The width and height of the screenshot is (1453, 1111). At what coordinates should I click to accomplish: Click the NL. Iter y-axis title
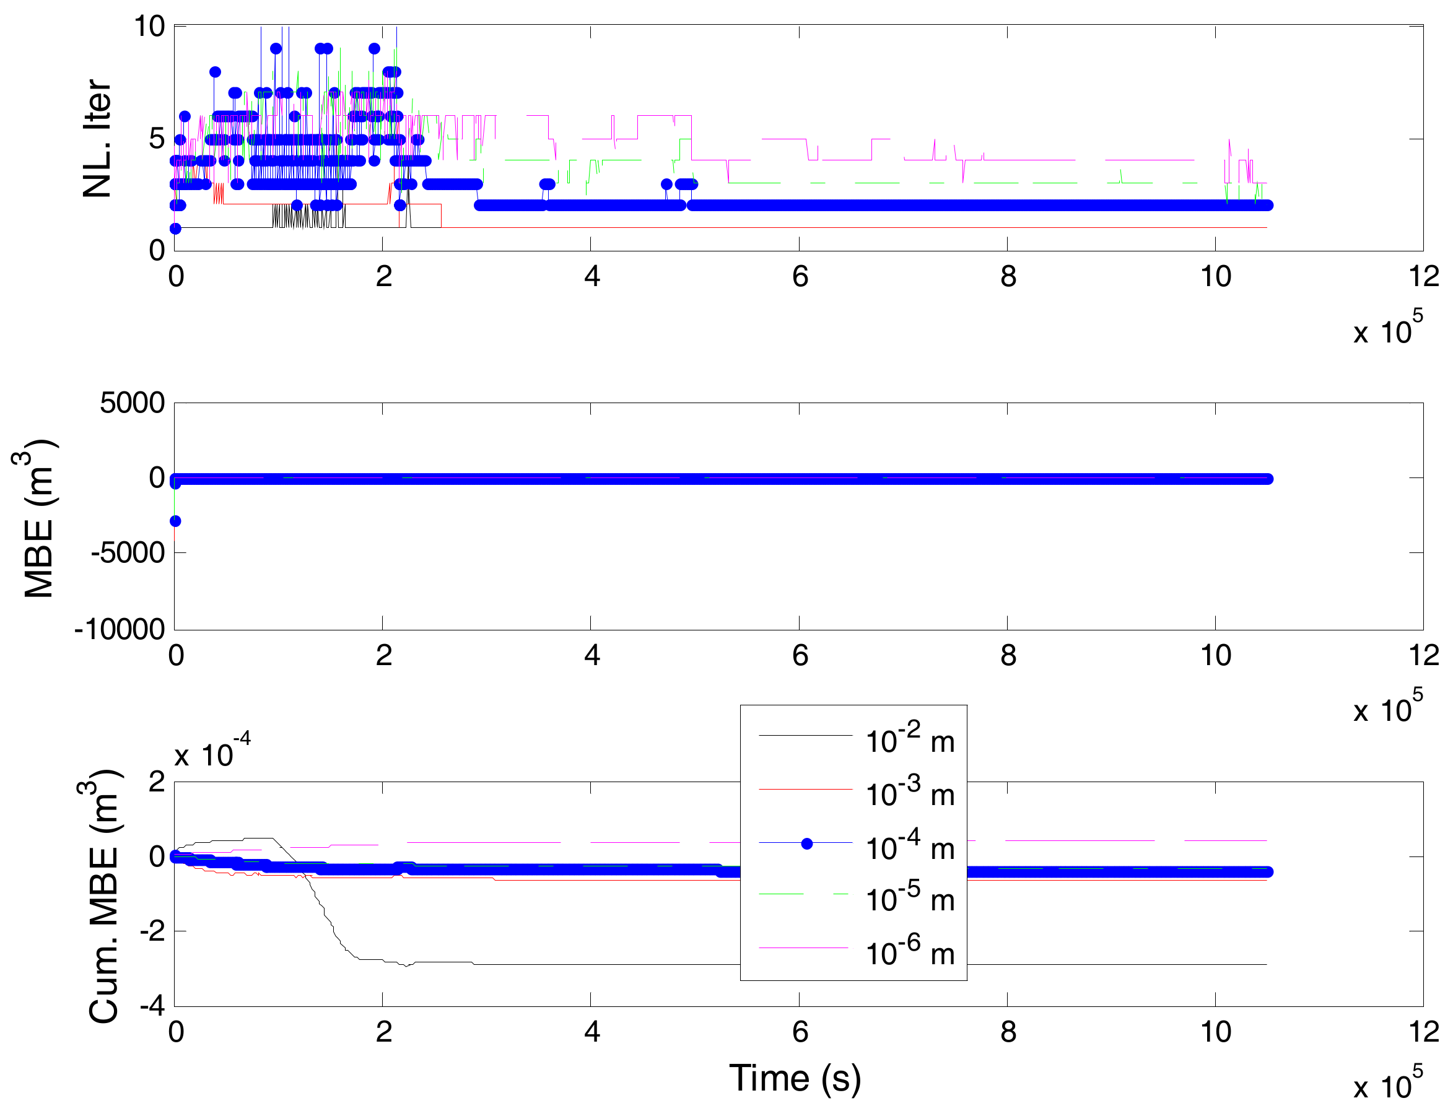tap(98, 138)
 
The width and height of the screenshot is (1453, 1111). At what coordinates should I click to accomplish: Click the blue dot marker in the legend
tap(806, 844)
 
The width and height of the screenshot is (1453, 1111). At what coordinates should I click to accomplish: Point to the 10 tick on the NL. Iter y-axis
tap(149, 27)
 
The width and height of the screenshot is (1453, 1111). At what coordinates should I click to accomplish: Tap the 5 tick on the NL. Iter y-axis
tap(157, 139)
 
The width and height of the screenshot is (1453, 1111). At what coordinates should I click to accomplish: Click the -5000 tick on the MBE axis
tap(128, 552)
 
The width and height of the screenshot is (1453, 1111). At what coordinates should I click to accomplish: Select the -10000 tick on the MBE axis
tap(119, 629)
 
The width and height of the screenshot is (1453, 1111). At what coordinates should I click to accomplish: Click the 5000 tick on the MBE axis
tap(133, 403)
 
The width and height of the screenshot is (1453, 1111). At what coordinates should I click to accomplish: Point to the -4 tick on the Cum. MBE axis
tap(152, 1006)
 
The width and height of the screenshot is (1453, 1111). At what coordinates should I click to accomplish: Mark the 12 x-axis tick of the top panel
tap(1423, 276)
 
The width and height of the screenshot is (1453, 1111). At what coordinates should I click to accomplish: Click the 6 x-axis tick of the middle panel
tap(800, 655)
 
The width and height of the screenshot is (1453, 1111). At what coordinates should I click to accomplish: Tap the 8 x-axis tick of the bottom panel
tap(1007, 1032)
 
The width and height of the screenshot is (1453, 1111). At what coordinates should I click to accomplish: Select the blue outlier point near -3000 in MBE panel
tap(175, 521)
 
